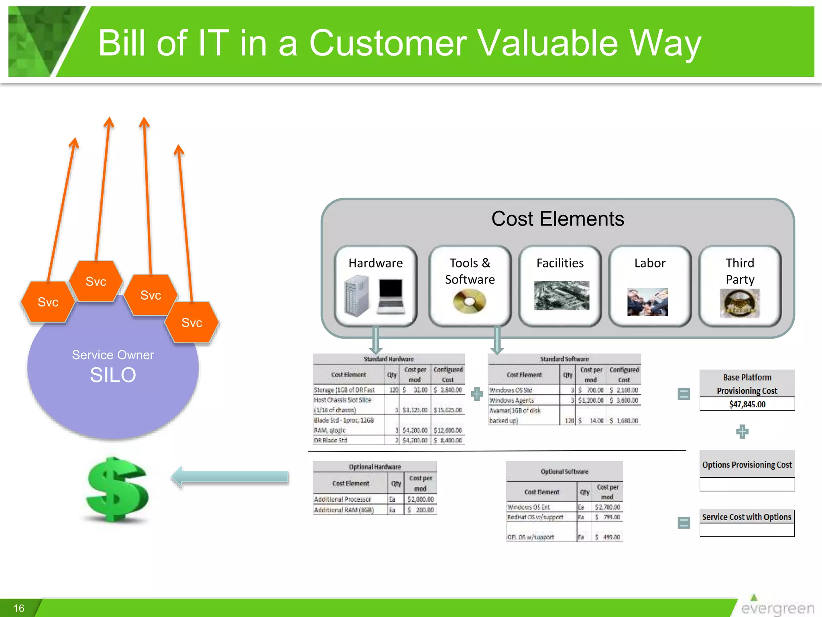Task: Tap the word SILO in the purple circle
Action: tap(113, 375)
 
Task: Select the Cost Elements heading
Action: tap(557, 219)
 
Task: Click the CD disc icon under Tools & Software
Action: tap(470, 302)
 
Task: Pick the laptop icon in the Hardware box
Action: tap(391, 296)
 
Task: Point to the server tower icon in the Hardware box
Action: tap(356, 296)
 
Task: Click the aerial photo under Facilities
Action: tap(562, 296)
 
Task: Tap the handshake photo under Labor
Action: tap(647, 302)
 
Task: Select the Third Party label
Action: tap(740, 271)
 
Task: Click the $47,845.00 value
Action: tap(747, 405)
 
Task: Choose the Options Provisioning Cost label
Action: tap(747, 465)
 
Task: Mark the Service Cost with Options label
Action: tap(747, 517)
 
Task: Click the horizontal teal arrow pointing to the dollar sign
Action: tap(230, 477)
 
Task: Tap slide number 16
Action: tap(19, 608)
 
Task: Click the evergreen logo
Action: tap(777, 607)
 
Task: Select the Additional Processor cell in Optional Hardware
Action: tap(343, 499)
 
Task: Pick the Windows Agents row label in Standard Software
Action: tap(511, 400)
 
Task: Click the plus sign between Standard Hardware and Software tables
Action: tap(477, 394)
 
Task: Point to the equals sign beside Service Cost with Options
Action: tap(684, 523)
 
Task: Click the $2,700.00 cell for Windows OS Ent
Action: tap(607, 507)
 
